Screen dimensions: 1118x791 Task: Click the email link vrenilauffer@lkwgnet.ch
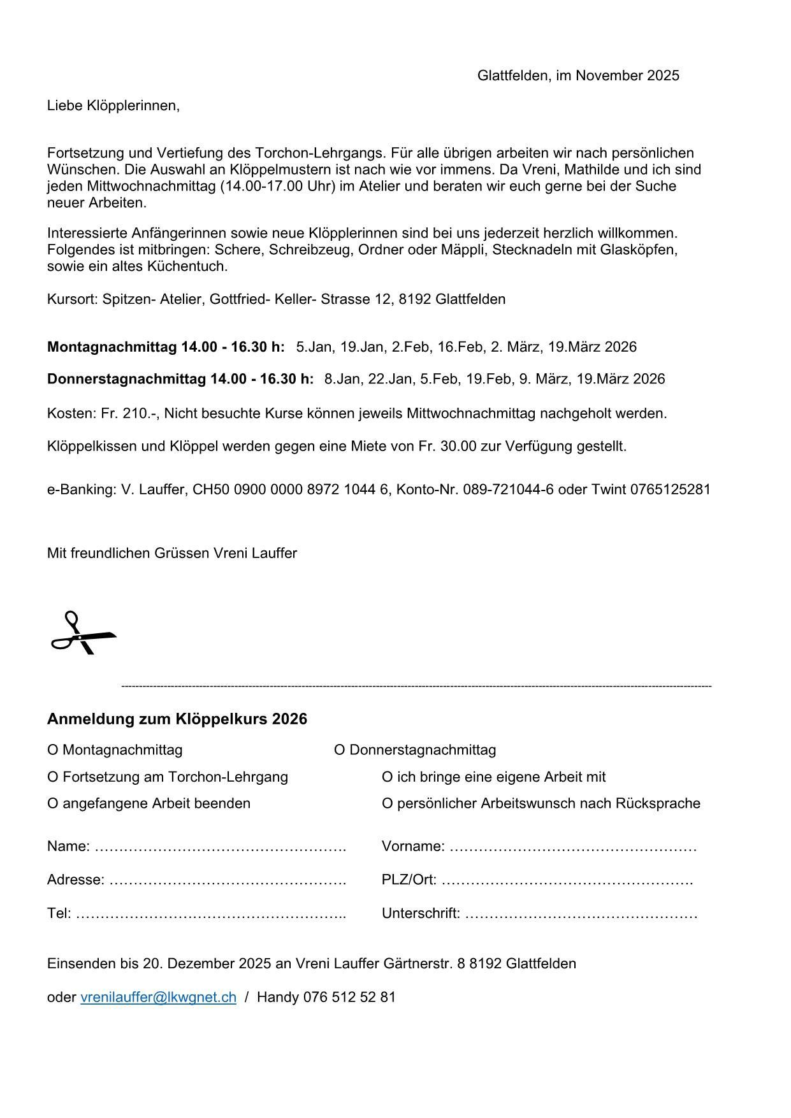[x=158, y=997]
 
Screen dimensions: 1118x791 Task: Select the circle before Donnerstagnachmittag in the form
[x=339, y=750]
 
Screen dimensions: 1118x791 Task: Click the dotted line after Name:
[x=220, y=848]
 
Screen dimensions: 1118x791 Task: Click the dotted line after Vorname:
[x=573, y=848]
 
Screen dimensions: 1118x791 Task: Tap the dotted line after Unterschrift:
[x=581, y=915]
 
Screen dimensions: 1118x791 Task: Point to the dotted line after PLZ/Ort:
[x=567, y=882]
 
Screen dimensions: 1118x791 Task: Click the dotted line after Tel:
[x=210, y=915]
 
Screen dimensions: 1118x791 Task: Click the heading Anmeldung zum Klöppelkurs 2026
[x=177, y=719]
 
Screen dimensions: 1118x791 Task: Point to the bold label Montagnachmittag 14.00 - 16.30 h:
[x=166, y=347]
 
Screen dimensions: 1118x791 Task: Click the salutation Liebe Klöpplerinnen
[x=113, y=106]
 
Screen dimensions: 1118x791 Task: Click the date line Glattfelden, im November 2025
[x=578, y=76]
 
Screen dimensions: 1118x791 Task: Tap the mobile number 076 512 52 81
[x=349, y=997]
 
